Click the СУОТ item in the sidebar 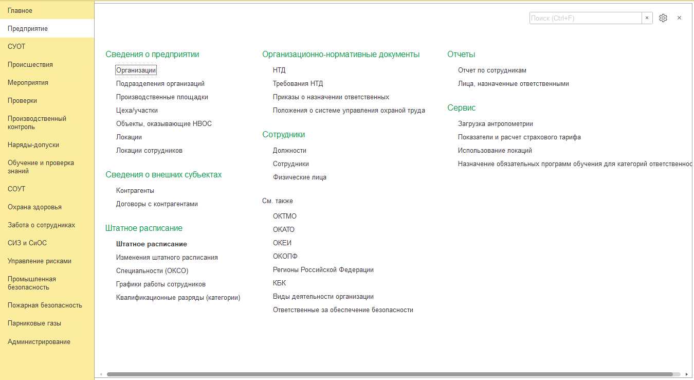(x=16, y=47)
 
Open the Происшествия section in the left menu (x=30, y=65)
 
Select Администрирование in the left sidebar (x=39, y=342)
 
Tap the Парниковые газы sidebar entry (x=34, y=323)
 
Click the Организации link (x=136, y=70)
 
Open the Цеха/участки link (x=137, y=111)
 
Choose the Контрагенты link (x=135, y=191)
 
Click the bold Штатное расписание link (x=151, y=244)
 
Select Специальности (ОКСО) (x=148, y=271)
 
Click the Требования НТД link (x=298, y=84)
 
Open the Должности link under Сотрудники (x=289, y=151)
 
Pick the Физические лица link (x=299, y=177)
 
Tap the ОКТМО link (x=284, y=216)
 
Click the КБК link (x=279, y=283)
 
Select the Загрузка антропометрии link (x=495, y=124)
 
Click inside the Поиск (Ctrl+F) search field (x=585, y=18)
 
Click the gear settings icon (x=663, y=18)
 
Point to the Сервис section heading (x=461, y=108)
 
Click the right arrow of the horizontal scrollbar (x=687, y=374)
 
